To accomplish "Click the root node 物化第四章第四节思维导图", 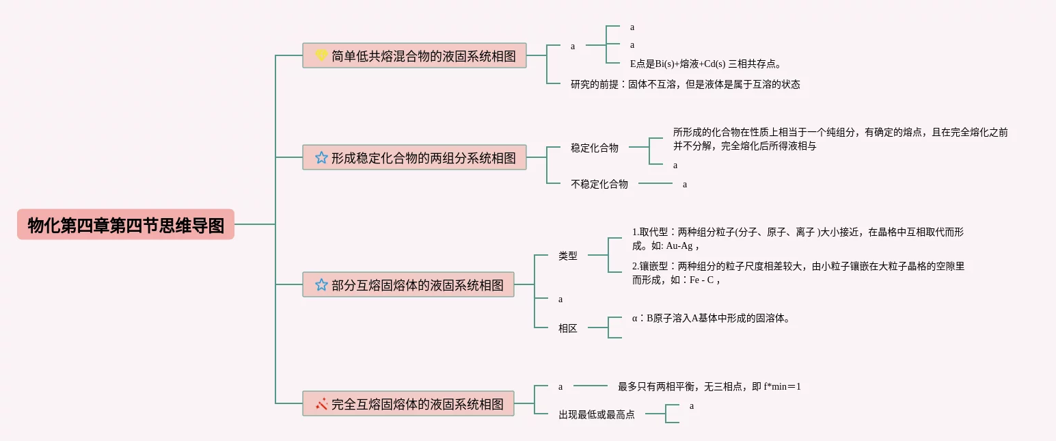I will (x=126, y=224).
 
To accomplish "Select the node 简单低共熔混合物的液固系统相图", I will (x=414, y=55).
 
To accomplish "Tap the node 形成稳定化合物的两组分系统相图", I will (x=414, y=157).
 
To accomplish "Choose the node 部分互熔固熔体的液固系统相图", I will (x=408, y=284).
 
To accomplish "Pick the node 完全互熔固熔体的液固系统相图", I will (x=408, y=403).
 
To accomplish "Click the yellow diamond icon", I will (x=322, y=55).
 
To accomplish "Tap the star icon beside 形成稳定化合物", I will (x=322, y=157).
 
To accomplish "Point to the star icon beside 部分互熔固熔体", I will (x=322, y=284).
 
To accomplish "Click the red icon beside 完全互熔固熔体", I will (x=322, y=403).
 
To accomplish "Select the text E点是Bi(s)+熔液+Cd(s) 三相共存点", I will (x=705, y=64).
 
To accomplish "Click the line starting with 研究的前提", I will (x=685, y=84).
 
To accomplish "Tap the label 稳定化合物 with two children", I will (x=595, y=147).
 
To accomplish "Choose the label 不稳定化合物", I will (x=599, y=183).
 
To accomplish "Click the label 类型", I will (x=568, y=256).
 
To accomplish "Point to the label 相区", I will (x=568, y=328).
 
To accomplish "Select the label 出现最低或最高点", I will (x=597, y=414).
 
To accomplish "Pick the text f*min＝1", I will (x=782, y=387).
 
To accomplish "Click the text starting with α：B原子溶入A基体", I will (x=712, y=318).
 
